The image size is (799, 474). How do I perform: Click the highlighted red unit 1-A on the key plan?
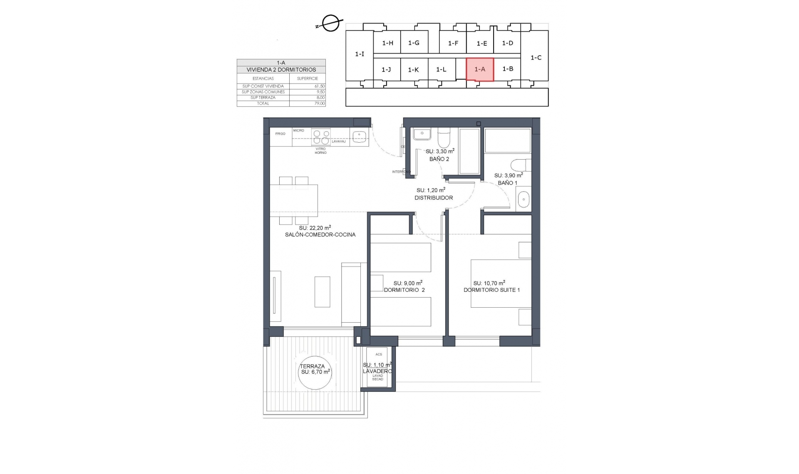pos(480,69)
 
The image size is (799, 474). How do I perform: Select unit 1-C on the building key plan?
pos(536,58)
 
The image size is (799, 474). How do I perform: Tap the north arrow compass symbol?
pos(330,23)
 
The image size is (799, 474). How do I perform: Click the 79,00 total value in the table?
pos(319,104)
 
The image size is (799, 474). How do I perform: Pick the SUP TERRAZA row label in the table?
pos(263,98)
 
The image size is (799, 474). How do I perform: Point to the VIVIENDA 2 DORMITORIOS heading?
pos(281,70)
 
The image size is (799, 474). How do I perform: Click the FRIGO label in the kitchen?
pos(280,134)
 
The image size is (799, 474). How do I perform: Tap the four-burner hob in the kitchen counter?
pos(321,137)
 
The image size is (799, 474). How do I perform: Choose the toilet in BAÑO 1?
pos(521,165)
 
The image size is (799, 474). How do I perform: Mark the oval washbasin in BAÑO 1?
pos(523,200)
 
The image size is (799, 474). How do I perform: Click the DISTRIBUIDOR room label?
pos(434,198)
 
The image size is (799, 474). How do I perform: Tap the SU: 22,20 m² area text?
pos(315,228)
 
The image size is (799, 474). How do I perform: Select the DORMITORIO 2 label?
pos(404,290)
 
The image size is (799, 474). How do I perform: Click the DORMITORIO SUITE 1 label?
pos(491,290)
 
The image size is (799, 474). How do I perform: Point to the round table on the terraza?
pos(315,371)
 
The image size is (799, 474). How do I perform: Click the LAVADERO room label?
pos(377,371)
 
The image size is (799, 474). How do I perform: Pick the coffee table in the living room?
pos(322,291)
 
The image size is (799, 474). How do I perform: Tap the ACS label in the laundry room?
pos(378,354)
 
